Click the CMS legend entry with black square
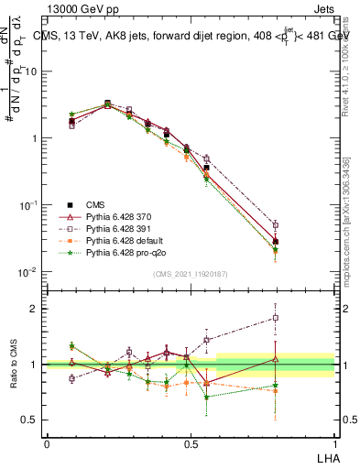pos(94,205)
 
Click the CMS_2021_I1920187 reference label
pos(190,274)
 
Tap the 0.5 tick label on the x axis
pos(191,442)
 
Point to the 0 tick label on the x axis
pos(47,442)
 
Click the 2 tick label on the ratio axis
pos(36,309)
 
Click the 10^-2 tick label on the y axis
pos(28,273)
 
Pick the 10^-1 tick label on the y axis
pos(28,205)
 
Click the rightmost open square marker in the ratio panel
pos(276,318)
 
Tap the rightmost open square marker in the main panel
pos(276,224)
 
